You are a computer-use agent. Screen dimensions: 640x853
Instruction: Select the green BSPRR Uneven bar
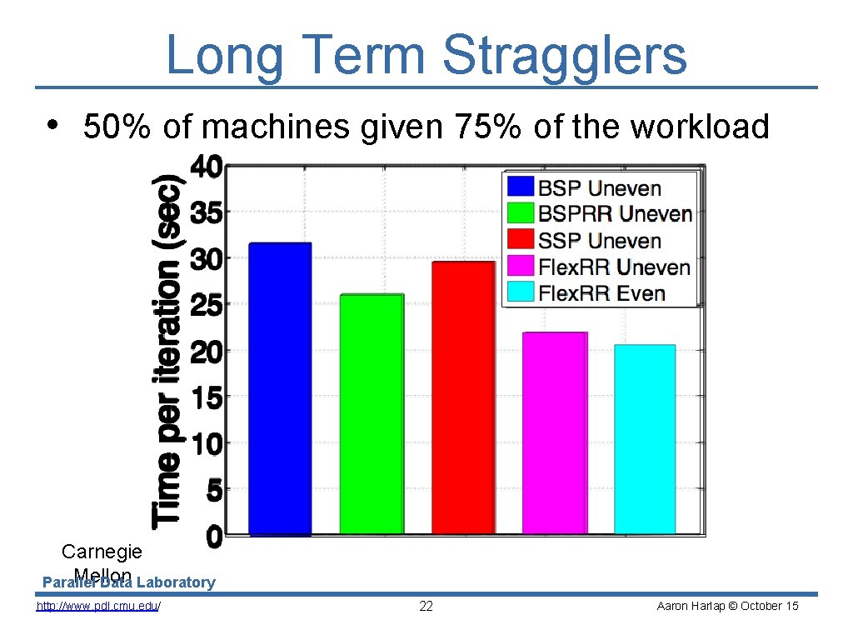[372, 414]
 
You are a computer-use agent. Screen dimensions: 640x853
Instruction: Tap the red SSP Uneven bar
[463, 397]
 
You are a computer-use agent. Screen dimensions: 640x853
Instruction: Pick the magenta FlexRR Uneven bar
[555, 432]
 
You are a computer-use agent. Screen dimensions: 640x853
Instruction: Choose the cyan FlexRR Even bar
[645, 439]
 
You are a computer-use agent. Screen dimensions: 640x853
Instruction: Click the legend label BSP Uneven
[599, 188]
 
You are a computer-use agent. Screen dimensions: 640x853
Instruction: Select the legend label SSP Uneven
[599, 242]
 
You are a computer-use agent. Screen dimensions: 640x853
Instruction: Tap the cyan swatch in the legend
[521, 292]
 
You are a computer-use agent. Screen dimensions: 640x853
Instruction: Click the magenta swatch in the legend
[521, 267]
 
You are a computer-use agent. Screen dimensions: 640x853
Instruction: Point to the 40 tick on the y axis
[206, 168]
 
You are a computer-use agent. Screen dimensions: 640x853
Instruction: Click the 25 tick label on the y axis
[206, 306]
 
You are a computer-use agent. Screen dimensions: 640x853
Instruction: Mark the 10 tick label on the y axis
[206, 444]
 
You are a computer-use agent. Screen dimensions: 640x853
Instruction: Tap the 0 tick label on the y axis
[213, 537]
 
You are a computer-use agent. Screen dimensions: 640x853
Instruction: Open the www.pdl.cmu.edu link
[98, 606]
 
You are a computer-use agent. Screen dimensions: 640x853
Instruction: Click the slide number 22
[426, 606]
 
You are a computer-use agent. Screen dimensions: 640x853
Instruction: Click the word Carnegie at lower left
[102, 552]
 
